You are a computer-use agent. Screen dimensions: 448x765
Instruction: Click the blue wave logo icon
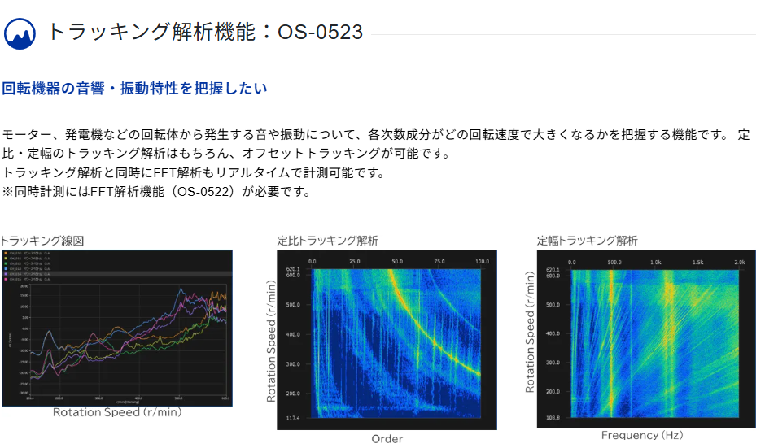click(x=20, y=33)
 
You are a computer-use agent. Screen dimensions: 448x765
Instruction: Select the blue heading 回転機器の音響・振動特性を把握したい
click(x=134, y=88)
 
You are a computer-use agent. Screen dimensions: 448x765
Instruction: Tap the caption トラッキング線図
click(x=42, y=241)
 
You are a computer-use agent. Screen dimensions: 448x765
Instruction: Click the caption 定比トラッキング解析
click(x=327, y=241)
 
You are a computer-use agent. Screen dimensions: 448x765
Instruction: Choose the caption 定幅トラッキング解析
click(x=587, y=241)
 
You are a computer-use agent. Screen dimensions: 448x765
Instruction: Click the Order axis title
click(x=387, y=439)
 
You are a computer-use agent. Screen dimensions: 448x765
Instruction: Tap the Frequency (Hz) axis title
click(x=642, y=436)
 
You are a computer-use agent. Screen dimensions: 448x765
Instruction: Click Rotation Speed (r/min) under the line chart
click(x=117, y=412)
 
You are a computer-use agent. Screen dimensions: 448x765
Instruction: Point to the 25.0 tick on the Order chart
click(x=355, y=262)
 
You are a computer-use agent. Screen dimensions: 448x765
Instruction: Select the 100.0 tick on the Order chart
click(x=482, y=262)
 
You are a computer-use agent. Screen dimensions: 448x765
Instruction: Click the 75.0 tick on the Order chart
click(x=439, y=262)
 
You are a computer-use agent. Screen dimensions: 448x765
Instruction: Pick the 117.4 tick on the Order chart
click(x=294, y=418)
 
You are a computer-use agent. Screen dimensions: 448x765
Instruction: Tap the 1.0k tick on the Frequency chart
click(x=656, y=263)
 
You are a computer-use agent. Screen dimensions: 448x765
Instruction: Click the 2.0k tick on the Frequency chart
click(x=739, y=263)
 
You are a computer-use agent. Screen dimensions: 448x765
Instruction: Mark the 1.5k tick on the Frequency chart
click(x=697, y=263)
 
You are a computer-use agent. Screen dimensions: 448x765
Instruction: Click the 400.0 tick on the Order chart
click(x=293, y=334)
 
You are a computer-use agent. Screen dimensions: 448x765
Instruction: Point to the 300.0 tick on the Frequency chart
click(x=553, y=363)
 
